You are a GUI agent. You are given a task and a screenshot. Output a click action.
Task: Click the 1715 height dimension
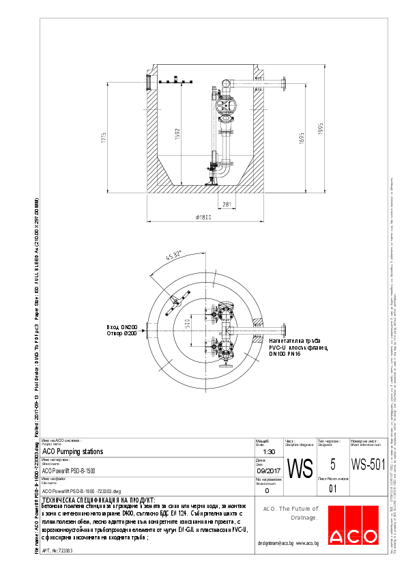[x=104, y=137]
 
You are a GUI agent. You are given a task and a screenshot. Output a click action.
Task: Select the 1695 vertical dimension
[x=301, y=139]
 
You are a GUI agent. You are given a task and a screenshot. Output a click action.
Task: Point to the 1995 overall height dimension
[x=321, y=130]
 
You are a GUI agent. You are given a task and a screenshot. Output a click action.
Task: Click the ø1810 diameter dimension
[x=205, y=218]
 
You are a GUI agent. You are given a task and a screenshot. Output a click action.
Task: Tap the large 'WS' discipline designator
[x=300, y=469]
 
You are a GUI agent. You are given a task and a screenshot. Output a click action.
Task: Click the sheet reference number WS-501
[x=368, y=465]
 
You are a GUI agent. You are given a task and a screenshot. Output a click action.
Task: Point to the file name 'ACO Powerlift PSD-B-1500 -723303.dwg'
[x=81, y=490]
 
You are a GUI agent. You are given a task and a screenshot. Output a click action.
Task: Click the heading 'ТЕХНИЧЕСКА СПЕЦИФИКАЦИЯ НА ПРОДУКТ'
[x=99, y=501]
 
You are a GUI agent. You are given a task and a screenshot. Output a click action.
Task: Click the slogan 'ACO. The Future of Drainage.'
[x=290, y=513]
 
